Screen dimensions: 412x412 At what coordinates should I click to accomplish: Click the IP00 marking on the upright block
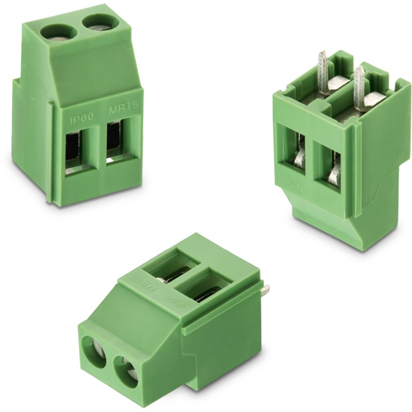pyautogui.click(x=81, y=116)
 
